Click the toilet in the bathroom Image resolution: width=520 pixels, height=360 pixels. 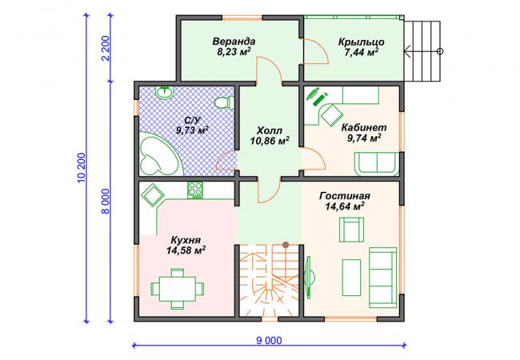(x=225, y=102)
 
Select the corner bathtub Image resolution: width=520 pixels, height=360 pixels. (x=159, y=153)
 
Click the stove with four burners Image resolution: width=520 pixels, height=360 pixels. (x=195, y=190)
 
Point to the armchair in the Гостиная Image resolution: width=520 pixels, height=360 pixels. (x=351, y=230)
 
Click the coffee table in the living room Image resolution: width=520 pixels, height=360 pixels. (x=351, y=278)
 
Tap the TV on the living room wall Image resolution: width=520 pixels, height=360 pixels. (x=309, y=277)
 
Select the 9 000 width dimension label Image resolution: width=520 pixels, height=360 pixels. (x=270, y=341)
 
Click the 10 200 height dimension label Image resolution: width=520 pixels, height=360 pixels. (x=82, y=167)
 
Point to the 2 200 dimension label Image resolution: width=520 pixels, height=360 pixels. (x=106, y=48)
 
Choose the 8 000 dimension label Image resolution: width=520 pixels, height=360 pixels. (x=106, y=202)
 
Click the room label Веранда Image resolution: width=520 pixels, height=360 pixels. (x=234, y=42)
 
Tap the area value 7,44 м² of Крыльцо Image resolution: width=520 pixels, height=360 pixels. (x=362, y=52)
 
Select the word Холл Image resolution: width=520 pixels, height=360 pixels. (x=270, y=130)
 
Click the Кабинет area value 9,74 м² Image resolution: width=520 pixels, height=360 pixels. (x=364, y=138)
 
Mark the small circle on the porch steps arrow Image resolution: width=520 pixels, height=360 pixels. (x=440, y=51)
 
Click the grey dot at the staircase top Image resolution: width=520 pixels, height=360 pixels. (x=286, y=245)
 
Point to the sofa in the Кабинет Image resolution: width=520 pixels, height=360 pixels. (x=377, y=163)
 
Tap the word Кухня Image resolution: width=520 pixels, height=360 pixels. (x=186, y=240)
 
